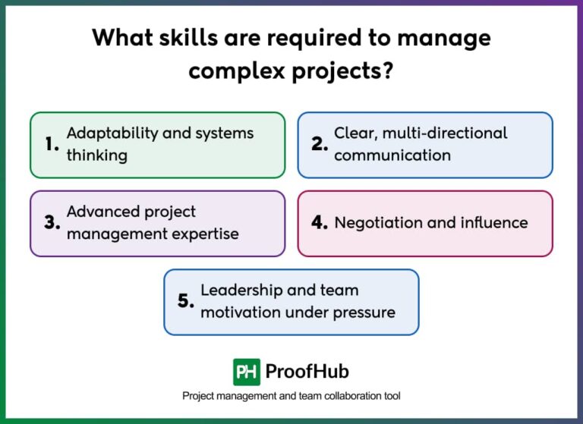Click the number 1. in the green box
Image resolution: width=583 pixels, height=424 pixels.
(x=52, y=144)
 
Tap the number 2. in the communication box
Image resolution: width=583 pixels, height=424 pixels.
(x=320, y=144)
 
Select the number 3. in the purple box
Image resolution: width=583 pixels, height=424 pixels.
(x=52, y=222)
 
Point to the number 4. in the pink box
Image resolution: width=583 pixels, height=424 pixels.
(x=320, y=222)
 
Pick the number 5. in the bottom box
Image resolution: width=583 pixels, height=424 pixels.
(x=186, y=301)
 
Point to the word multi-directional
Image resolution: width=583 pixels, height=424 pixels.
(x=445, y=133)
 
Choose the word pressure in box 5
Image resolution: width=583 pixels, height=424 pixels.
(x=364, y=313)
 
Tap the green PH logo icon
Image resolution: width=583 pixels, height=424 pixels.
(x=247, y=372)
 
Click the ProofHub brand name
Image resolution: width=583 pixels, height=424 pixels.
(x=307, y=372)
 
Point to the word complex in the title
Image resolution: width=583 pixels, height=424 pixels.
(x=237, y=71)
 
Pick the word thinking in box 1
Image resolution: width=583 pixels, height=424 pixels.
(x=97, y=155)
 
